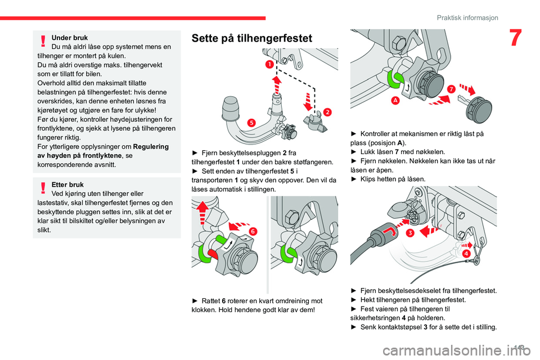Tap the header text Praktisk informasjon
tap(467, 17)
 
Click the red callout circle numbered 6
tap(253, 231)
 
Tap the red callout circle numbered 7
tap(451, 89)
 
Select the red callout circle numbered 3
tap(411, 232)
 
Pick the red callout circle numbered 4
tap(467, 254)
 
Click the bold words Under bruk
tap(70, 38)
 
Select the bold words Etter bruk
tap(67, 184)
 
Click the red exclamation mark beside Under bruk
tap(43, 39)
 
